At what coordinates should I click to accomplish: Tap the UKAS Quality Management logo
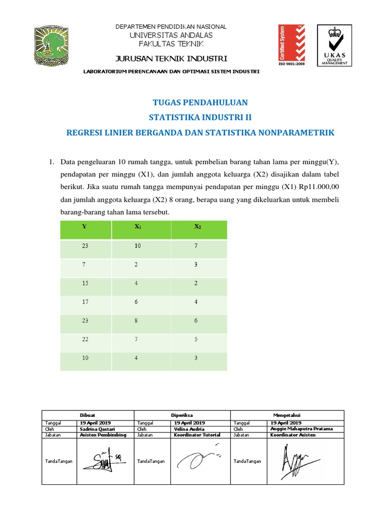pyautogui.click(x=334, y=45)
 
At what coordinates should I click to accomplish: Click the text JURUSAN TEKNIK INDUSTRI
pyautogui.click(x=172, y=58)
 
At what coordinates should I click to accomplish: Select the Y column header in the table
pyautogui.click(x=84, y=226)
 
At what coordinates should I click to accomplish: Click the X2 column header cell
pyautogui.click(x=198, y=226)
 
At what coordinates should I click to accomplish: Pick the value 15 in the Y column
pyautogui.click(x=84, y=283)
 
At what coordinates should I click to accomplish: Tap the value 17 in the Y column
pyautogui.click(x=84, y=302)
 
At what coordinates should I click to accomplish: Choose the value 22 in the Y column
pyautogui.click(x=84, y=339)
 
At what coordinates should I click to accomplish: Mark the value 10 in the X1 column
pyautogui.click(x=137, y=245)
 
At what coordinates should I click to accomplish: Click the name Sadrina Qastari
pyautogui.click(x=98, y=429)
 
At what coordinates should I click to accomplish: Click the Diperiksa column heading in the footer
pyautogui.click(x=182, y=415)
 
